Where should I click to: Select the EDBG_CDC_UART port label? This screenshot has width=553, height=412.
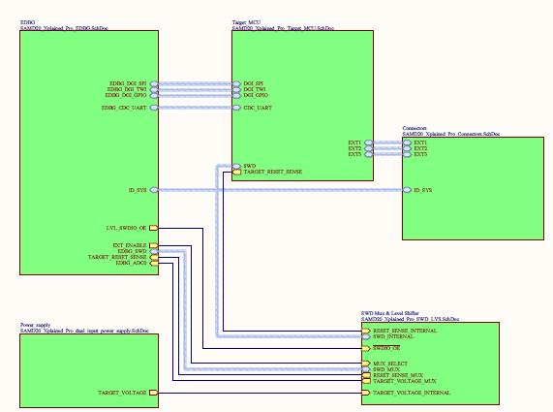(124, 108)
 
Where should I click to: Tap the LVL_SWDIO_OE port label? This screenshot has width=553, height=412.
(126, 228)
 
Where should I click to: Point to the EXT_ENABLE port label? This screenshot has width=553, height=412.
(130, 245)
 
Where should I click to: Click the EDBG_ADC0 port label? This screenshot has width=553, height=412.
(132, 263)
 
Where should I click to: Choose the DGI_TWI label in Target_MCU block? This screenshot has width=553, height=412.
(255, 90)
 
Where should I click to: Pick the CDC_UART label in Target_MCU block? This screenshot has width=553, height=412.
(257, 108)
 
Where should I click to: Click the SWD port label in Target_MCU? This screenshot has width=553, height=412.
(249, 166)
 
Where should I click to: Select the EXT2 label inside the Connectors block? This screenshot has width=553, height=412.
(419, 148)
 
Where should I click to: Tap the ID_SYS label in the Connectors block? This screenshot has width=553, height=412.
(422, 190)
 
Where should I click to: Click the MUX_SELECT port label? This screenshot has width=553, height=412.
(390, 364)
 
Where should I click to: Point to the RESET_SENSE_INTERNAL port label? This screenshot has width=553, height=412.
(405, 331)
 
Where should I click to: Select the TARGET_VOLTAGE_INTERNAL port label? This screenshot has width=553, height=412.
(412, 394)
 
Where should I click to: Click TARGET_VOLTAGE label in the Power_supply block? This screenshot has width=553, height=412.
(122, 394)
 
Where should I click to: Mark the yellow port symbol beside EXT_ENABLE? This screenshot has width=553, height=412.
(153, 245)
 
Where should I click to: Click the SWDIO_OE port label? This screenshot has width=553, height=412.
(388, 347)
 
